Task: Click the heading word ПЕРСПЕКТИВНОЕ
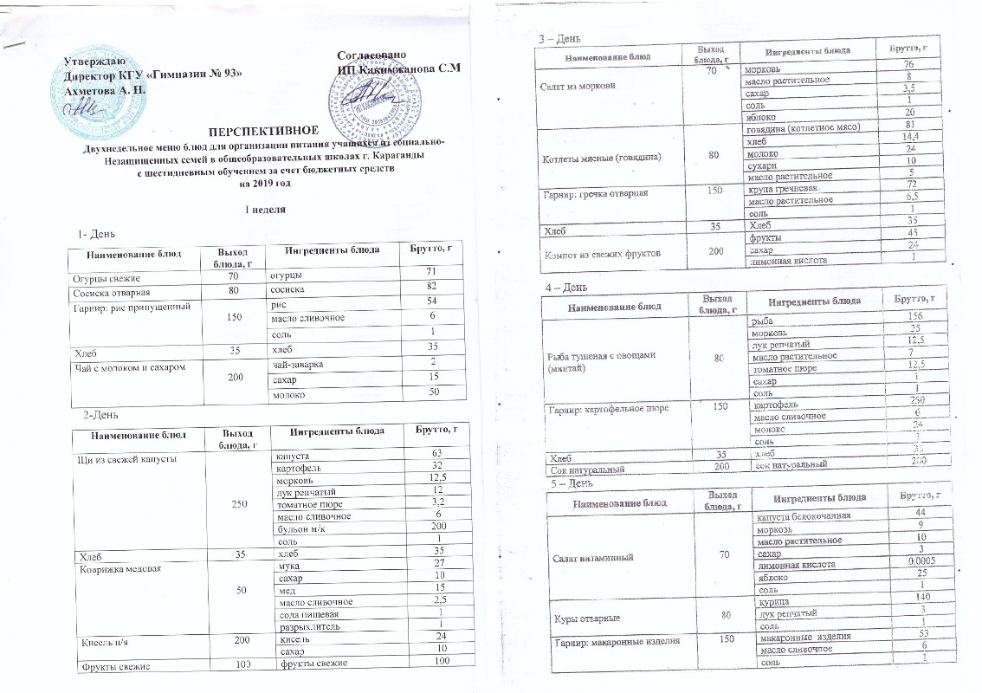(256, 130)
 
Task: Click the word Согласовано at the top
(371, 55)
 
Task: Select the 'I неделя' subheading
(261, 210)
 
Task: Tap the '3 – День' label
(554, 39)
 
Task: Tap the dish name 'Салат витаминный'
(591, 556)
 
